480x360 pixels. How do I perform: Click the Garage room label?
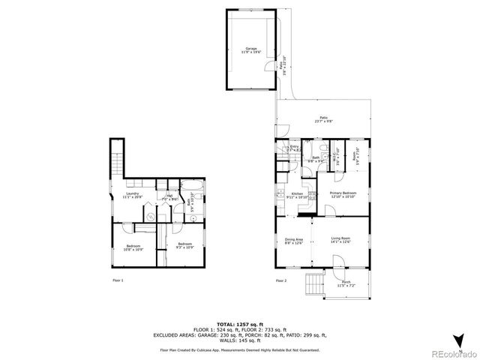[241, 50]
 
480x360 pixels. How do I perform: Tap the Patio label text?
[324, 118]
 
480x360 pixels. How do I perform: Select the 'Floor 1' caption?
[117, 280]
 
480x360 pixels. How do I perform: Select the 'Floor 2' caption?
[280, 280]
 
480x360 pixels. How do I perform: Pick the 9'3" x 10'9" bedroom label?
[184, 244]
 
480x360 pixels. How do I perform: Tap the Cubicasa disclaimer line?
[240, 350]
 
